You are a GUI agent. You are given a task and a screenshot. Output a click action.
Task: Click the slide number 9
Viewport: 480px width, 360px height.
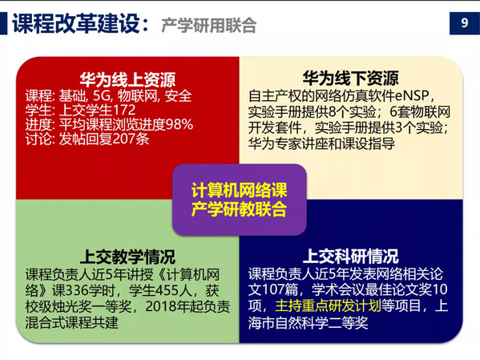point(465,23)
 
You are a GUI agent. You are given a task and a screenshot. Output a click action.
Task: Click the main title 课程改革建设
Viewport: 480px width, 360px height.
point(76,23)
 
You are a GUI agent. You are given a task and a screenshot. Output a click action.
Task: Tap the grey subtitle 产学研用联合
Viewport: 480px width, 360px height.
point(209,25)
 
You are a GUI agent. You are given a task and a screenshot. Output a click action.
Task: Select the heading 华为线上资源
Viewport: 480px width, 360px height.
point(127,79)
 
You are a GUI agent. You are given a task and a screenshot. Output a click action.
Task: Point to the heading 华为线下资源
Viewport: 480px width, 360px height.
point(351,78)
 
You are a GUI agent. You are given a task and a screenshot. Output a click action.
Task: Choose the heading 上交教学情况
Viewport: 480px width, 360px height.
point(127,257)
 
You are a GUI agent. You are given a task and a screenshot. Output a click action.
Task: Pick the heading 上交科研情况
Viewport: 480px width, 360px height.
point(351,256)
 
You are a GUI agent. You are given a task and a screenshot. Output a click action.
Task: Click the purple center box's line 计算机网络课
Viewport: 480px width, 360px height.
point(239,190)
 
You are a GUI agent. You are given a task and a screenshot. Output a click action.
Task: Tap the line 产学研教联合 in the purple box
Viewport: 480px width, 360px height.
point(239,209)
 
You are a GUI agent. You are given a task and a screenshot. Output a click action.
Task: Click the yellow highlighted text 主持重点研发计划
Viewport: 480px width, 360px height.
point(328,305)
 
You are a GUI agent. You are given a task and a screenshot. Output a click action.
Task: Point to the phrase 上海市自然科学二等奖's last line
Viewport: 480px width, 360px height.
point(308,322)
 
